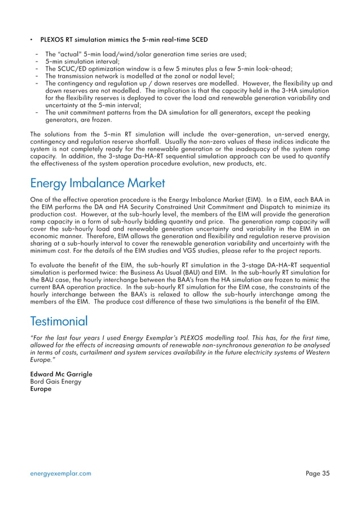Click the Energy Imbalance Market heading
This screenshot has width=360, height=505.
(97, 183)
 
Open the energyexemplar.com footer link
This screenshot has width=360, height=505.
(60, 473)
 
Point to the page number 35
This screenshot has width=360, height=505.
(318, 473)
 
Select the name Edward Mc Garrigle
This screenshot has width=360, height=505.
(60, 374)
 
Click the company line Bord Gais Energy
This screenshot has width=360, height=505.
(55, 381)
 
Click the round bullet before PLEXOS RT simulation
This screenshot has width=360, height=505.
(32, 40)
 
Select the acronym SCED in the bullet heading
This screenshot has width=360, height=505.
(198, 40)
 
